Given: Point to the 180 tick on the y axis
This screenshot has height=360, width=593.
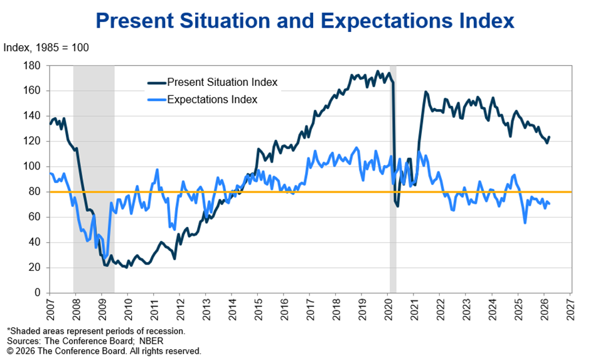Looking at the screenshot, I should [33, 65].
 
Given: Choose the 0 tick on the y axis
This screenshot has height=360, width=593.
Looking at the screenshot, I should [38, 293].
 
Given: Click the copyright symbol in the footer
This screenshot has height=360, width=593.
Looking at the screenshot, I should [9, 351].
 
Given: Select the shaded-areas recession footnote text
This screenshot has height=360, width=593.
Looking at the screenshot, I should [96, 331].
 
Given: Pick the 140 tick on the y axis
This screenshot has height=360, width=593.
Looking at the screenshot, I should [33, 115].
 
